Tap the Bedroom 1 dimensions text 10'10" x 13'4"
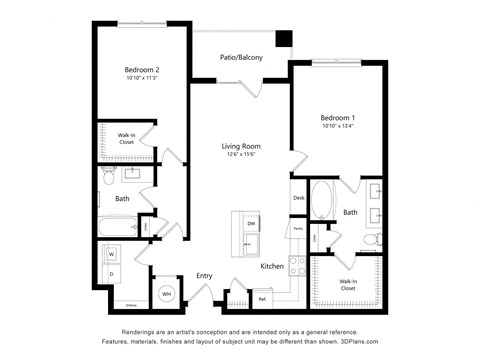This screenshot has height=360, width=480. (x=340, y=126)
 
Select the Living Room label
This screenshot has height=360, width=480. (x=240, y=147)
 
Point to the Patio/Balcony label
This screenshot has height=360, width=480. (x=241, y=57)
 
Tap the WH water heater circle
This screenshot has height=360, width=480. (x=166, y=294)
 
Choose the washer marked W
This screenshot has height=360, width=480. (x=111, y=254)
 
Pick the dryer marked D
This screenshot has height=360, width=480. (x=111, y=273)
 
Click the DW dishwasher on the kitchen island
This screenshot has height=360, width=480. (x=251, y=222)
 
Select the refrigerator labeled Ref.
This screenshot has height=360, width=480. (x=262, y=298)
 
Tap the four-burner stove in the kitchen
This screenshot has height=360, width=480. (x=297, y=265)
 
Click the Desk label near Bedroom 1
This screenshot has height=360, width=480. (x=298, y=198)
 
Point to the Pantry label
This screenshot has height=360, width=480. (x=298, y=229)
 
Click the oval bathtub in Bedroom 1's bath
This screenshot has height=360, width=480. (x=323, y=201)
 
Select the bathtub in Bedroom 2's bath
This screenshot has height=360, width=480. (x=117, y=228)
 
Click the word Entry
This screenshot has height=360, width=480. (x=204, y=276)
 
